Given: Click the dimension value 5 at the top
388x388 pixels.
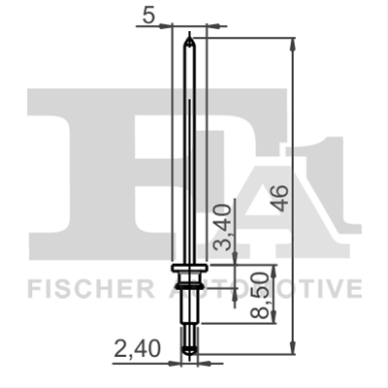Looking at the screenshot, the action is click(x=148, y=16).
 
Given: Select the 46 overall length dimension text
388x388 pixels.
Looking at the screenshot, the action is click(x=280, y=198).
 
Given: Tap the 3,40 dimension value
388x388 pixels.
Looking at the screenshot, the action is click(x=224, y=227).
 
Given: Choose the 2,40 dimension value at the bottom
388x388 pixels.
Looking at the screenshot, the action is click(x=137, y=349).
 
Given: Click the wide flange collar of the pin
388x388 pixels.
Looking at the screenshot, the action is click(x=189, y=268).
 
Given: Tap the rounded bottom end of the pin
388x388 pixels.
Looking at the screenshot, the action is click(x=189, y=350).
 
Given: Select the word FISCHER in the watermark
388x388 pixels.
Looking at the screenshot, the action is click(x=90, y=288).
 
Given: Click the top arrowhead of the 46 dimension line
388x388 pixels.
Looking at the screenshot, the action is click(x=293, y=44).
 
